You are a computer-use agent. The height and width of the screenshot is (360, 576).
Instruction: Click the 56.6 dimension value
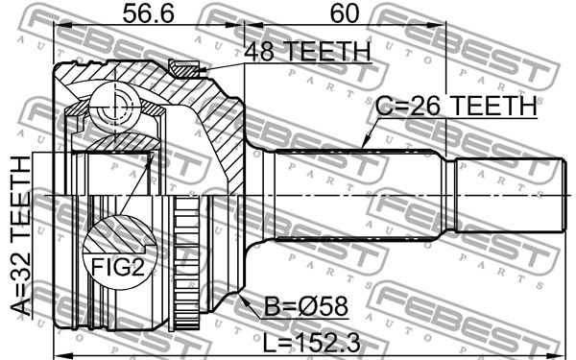tap(148, 13)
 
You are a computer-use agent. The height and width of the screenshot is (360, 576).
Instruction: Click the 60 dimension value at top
tap(345, 13)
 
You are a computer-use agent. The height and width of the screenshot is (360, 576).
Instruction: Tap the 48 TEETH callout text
tap(307, 52)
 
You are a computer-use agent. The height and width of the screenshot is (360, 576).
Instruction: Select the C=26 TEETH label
tap(456, 106)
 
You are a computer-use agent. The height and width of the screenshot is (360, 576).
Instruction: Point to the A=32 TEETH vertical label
tap(20, 235)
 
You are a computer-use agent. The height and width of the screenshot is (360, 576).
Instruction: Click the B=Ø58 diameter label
tap(305, 306)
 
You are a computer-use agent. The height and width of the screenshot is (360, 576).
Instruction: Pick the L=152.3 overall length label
tap(311, 343)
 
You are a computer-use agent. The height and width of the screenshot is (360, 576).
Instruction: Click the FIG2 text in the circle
tap(118, 267)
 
